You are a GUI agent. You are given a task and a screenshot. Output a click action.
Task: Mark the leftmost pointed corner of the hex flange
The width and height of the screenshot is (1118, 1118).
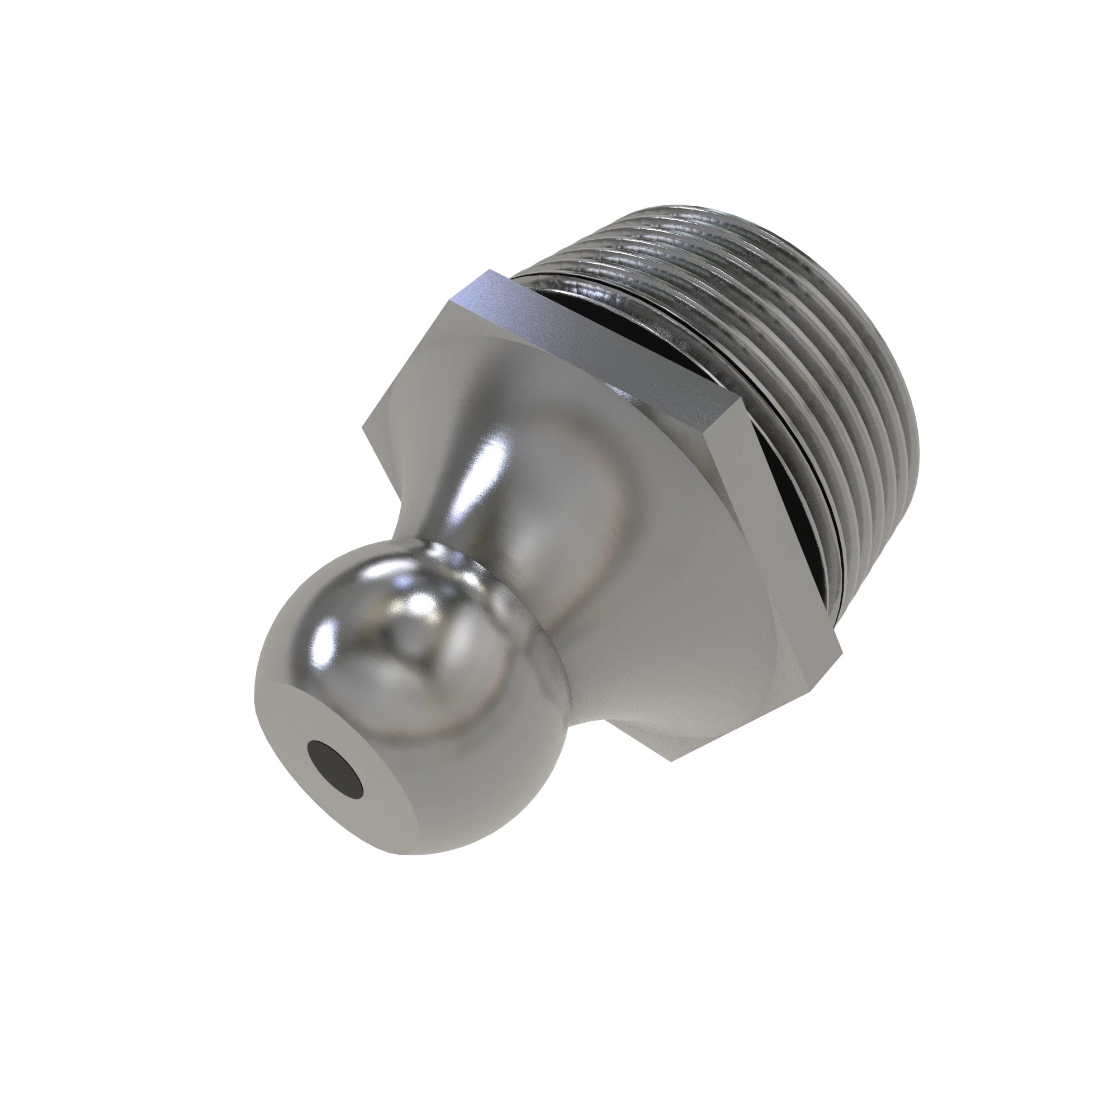pyautogui.click(x=363, y=427)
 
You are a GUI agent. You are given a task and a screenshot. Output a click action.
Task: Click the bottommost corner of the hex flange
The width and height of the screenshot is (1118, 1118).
pyautogui.click(x=671, y=760)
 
